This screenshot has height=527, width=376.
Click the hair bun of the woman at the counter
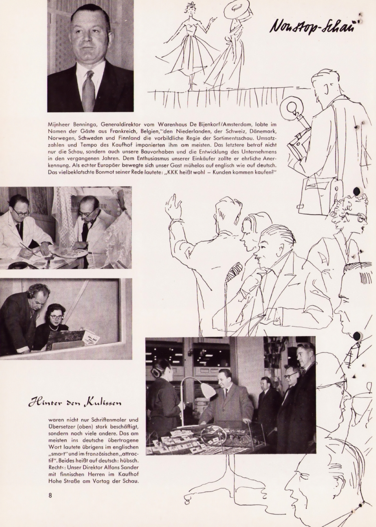(x=156, y=372)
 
